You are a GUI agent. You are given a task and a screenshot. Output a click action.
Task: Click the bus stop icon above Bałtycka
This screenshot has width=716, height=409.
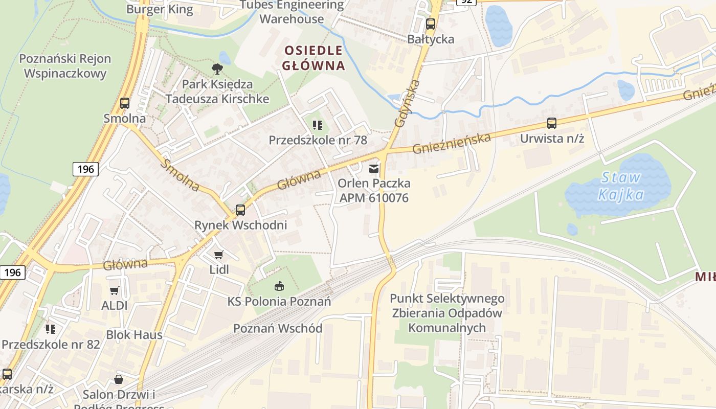tap(430, 24)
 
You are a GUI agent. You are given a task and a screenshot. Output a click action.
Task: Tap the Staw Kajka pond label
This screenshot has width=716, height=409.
tap(621, 186)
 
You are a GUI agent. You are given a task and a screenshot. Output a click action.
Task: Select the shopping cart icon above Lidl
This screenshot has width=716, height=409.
tap(219, 255)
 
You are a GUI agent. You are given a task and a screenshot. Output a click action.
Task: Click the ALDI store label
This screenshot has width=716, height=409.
tap(114, 306)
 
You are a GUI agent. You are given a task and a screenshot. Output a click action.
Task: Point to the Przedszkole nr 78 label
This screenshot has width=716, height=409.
tap(318, 140)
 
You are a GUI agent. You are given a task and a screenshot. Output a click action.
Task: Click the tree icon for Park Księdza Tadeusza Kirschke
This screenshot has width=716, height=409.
tap(217, 69)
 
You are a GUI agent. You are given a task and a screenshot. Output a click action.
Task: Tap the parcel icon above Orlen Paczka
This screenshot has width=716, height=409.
tap(374, 168)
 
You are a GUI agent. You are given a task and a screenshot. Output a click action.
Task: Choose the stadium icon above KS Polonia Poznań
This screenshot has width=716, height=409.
tap(279, 286)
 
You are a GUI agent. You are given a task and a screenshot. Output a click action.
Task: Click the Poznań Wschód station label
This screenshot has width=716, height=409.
tap(278, 328)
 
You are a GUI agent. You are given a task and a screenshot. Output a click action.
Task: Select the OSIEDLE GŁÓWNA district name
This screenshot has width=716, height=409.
tap(314, 58)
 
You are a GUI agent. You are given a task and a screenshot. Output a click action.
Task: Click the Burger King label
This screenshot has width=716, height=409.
tap(160, 9)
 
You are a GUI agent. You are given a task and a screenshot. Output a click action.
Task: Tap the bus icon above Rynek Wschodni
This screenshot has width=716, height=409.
tap(240, 210)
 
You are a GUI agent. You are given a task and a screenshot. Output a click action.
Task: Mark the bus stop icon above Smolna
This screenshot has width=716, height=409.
tap(124, 103)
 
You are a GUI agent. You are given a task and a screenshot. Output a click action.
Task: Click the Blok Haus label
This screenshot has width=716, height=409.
tap(134, 335)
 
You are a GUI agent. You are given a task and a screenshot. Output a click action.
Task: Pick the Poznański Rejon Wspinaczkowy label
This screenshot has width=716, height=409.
tap(65, 66)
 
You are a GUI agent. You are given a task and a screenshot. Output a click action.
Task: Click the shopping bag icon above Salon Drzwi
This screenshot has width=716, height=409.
tap(119, 379)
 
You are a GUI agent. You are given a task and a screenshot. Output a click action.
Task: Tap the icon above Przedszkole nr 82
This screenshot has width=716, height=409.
tap(50, 329)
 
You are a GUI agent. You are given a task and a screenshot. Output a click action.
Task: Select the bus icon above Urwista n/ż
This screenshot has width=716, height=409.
tap(551, 123)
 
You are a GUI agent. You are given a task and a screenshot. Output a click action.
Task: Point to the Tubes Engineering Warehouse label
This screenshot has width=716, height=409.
tap(292, 12)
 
